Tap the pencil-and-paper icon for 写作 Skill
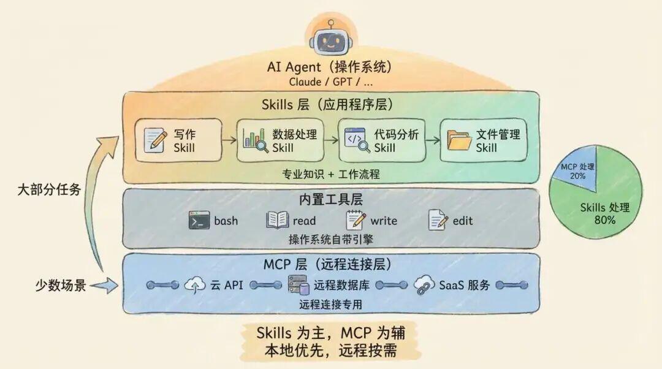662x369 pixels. click(x=155, y=140)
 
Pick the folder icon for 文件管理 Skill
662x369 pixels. click(x=459, y=140)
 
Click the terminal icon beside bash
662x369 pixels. click(x=199, y=221)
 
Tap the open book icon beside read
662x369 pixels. click(x=278, y=221)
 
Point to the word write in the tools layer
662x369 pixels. click(x=384, y=221)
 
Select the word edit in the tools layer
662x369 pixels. click(x=463, y=221)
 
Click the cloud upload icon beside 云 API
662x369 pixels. click(x=195, y=285)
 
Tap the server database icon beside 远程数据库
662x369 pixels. click(x=299, y=285)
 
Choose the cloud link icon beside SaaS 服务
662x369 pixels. click(x=424, y=285)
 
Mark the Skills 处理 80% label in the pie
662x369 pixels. click(x=604, y=214)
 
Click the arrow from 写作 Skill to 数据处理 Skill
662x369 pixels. click(x=229, y=140)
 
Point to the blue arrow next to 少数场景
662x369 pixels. click(x=104, y=286)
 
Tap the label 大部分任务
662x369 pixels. click(x=49, y=189)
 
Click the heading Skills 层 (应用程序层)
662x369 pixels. click(x=327, y=104)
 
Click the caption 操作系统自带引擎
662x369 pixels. click(x=331, y=240)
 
